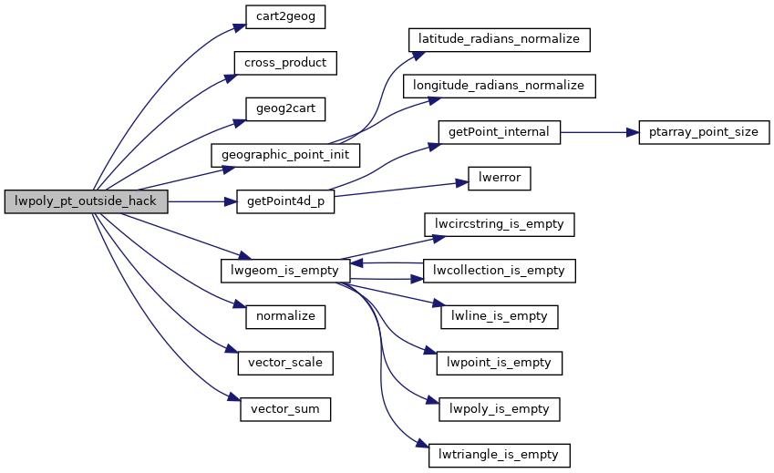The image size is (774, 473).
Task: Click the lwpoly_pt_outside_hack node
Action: [x=86, y=201]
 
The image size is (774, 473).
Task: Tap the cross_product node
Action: [x=285, y=63]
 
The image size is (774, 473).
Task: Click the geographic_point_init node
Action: [x=285, y=154]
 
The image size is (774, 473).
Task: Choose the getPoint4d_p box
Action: [x=285, y=201]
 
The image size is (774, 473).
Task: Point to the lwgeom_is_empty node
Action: [x=285, y=271]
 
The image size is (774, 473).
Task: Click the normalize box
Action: [x=285, y=316]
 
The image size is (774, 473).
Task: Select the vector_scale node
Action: [x=285, y=362]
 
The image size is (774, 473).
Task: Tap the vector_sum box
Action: [x=285, y=409]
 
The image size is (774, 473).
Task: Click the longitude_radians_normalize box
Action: [x=500, y=86]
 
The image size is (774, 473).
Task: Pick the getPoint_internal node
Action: [x=499, y=132]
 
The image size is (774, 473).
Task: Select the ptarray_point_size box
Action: [x=705, y=132]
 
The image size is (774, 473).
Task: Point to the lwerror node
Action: [x=499, y=178]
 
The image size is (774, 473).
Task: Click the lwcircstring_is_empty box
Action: [x=500, y=224]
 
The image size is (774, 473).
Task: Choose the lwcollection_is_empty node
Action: [x=500, y=271]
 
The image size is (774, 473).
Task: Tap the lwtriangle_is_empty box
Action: [x=500, y=455]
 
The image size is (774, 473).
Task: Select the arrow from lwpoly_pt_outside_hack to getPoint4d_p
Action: [x=201, y=201]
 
